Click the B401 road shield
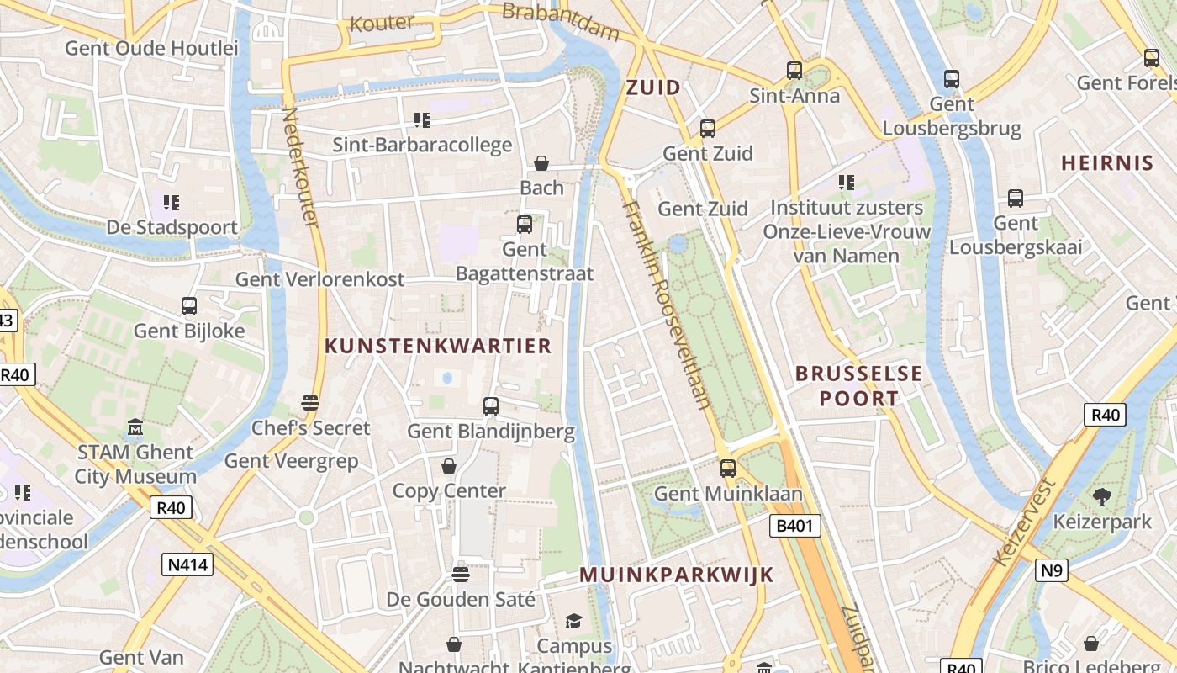794,527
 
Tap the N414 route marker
187,564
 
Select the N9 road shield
1052,571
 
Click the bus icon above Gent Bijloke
189,306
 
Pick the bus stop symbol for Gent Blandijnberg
491,406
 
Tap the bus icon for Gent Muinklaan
728,469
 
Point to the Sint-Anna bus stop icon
794,71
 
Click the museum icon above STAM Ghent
135,428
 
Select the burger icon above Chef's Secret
310,403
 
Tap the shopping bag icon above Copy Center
449,466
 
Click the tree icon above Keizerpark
1102,497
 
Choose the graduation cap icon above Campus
573,622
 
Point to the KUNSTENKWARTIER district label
438,346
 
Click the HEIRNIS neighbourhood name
1106,163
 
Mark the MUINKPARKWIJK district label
677,575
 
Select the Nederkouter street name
300,166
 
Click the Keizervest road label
1023,522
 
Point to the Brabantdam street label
561,22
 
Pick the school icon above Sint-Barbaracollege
422,120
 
